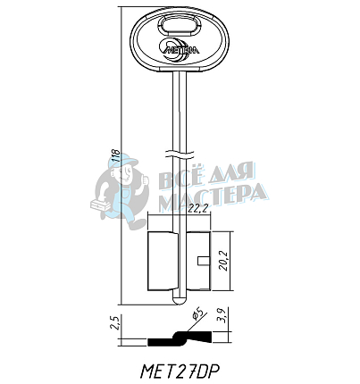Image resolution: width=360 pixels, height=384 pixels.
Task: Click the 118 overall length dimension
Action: click(116, 155)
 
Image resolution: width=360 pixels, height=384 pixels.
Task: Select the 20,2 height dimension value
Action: click(222, 261)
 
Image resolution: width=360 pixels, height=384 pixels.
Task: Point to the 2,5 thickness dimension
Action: click(114, 322)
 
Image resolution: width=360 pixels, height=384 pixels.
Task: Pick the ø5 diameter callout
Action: click(198, 315)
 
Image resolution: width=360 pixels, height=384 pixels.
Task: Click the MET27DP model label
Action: click(180, 371)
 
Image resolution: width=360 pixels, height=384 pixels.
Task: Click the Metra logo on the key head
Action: click(180, 50)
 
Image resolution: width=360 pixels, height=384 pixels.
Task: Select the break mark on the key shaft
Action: click(180, 154)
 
